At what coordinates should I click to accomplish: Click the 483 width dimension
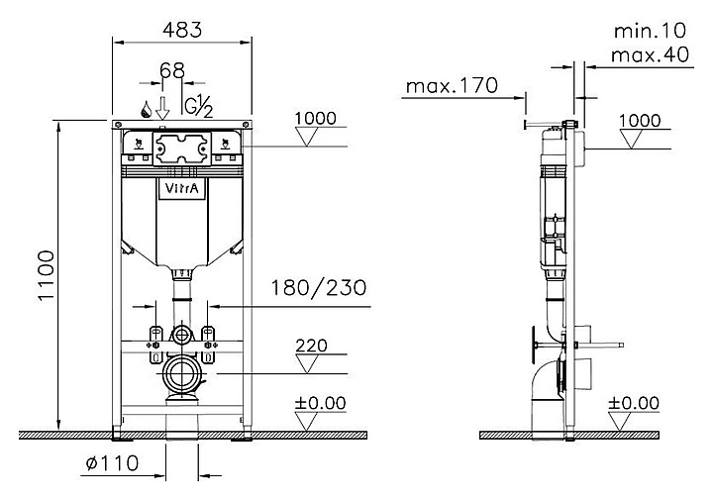[x=182, y=30]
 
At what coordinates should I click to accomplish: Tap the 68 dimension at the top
[x=172, y=70]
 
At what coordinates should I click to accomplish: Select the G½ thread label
[x=198, y=107]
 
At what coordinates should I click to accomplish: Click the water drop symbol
[x=146, y=110]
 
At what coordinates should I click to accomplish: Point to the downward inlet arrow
[x=162, y=108]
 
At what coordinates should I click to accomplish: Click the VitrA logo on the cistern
[x=182, y=188]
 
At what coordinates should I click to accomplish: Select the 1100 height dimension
[x=47, y=275]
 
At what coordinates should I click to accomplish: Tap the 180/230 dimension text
[x=319, y=288]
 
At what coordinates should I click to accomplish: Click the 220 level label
[x=312, y=346]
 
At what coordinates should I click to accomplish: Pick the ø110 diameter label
[x=112, y=463]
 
